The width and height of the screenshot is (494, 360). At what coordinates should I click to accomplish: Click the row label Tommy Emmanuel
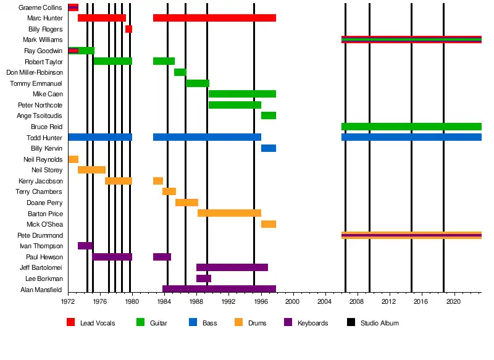(x=36, y=83)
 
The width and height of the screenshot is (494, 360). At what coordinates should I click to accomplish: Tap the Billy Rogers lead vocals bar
(x=128, y=29)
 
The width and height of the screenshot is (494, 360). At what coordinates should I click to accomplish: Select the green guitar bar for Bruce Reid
(x=411, y=127)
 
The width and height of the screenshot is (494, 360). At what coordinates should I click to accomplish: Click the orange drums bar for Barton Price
(x=229, y=213)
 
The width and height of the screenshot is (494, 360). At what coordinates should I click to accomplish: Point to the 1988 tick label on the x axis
(x=196, y=301)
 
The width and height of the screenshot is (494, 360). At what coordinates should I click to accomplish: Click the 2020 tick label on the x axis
(x=453, y=301)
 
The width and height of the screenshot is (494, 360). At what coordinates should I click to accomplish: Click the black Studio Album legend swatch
(x=351, y=322)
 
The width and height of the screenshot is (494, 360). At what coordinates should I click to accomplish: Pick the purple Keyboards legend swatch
(x=287, y=322)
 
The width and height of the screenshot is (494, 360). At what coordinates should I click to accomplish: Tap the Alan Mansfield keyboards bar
(x=219, y=289)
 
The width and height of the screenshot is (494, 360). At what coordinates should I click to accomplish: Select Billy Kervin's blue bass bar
(x=269, y=148)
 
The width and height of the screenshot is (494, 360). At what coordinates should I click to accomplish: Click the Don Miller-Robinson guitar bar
(x=180, y=72)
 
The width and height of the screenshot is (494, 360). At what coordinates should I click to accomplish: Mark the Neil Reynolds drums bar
(x=73, y=159)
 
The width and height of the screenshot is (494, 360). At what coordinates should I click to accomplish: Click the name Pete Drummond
(x=41, y=235)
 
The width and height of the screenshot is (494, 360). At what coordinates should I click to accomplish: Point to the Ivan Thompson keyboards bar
(x=85, y=246)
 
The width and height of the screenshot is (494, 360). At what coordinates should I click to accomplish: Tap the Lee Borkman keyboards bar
(x=204, y=278)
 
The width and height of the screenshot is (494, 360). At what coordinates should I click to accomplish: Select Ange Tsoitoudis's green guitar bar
(x=269, y=115)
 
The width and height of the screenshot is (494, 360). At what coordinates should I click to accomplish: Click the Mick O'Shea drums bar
(x=269, y=224)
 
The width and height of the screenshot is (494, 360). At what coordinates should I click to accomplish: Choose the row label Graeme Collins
(x=40, y=7)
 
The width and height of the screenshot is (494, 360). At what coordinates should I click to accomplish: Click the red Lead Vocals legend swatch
(x=70, y=322)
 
